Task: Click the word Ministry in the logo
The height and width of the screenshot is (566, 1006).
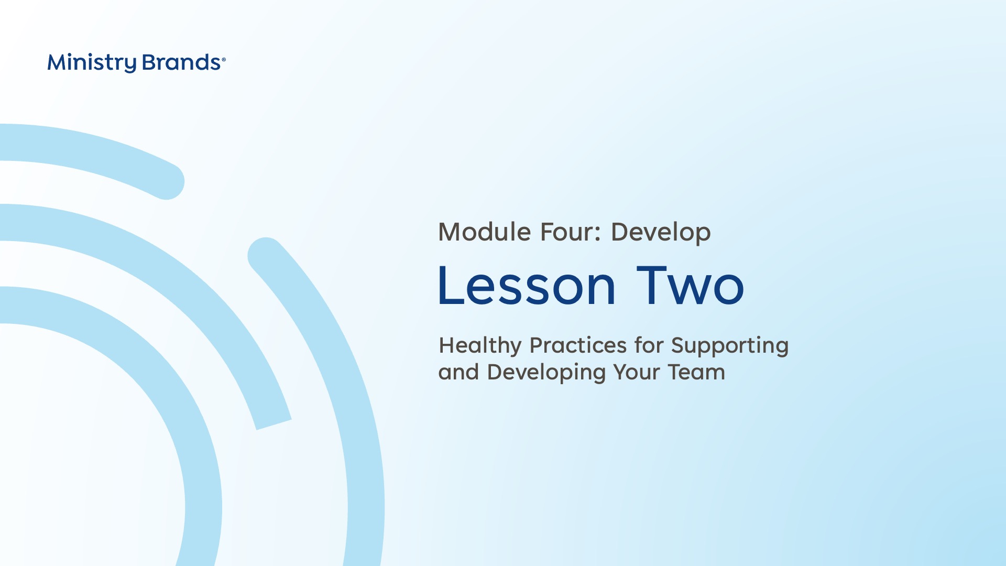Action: click(x=92, y=63)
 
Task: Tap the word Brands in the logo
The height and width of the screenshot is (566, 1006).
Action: click(x=181, y=62)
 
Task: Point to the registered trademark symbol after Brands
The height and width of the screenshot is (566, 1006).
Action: click(x=224, y=60)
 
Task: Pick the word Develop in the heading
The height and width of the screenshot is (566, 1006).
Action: click(x=661, y=233)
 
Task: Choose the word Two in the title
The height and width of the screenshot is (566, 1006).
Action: click(x=690, y=286)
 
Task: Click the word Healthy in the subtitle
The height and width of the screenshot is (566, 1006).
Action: click(x=480, y=346)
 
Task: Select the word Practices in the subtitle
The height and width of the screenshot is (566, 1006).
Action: click(x=578, y=345)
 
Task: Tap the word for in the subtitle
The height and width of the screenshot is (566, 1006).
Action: click(x=649, y=345)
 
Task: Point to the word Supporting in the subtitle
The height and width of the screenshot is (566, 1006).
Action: click(x=730, y=346)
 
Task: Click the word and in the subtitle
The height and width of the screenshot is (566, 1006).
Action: click(x=458, y=372)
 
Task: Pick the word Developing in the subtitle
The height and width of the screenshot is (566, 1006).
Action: click(x=546, y=373)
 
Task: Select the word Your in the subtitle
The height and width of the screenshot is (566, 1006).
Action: click(x=637, y=372)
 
